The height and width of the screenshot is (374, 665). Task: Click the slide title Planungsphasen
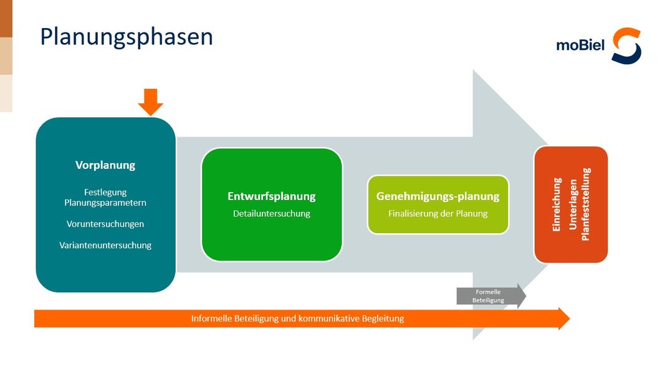pyautogui.click(x=127, y=37)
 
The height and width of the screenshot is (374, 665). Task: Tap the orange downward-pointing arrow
pyautogui.click(x=151, y=102)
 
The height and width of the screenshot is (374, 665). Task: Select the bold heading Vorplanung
pyautogui.click(x=105, y=165)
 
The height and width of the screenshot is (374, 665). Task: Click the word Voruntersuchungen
pyautogui.click(x=105, y=224)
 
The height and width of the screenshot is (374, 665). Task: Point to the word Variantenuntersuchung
pyautogui.click(x=105, y=245)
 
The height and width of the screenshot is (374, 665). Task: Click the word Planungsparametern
pyautogui.click(x=105, y=203)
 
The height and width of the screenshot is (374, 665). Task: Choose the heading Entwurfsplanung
pyautogui.click(x=272, y=196)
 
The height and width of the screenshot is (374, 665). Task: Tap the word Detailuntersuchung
pyautogui.click(x=272, y=213)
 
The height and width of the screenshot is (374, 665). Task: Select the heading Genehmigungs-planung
pyautogui.click(x=438, y=196)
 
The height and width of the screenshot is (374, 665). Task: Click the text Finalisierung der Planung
pyautogui.click(x=438, y=213)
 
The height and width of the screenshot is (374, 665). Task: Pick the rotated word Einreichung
pyautogui.click(x=557, y=204)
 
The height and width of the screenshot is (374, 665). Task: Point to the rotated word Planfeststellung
pyautogui.click(x=586, y=204)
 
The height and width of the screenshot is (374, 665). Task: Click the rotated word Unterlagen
pyautogui.click(x=572, y=204)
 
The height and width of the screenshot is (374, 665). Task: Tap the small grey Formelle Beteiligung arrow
pyautogui.click(x=492, y=296)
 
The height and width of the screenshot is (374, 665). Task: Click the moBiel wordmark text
pyautogui.click(x=580, y=44)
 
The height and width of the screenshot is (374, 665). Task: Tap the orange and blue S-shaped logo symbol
pyautogui.click(x=626, y=46)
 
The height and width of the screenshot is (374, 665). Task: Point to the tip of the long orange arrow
pyautogui.click(x=570, y=319)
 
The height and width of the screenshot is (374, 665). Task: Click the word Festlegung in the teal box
pyautogui.click(x=105, y=192)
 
